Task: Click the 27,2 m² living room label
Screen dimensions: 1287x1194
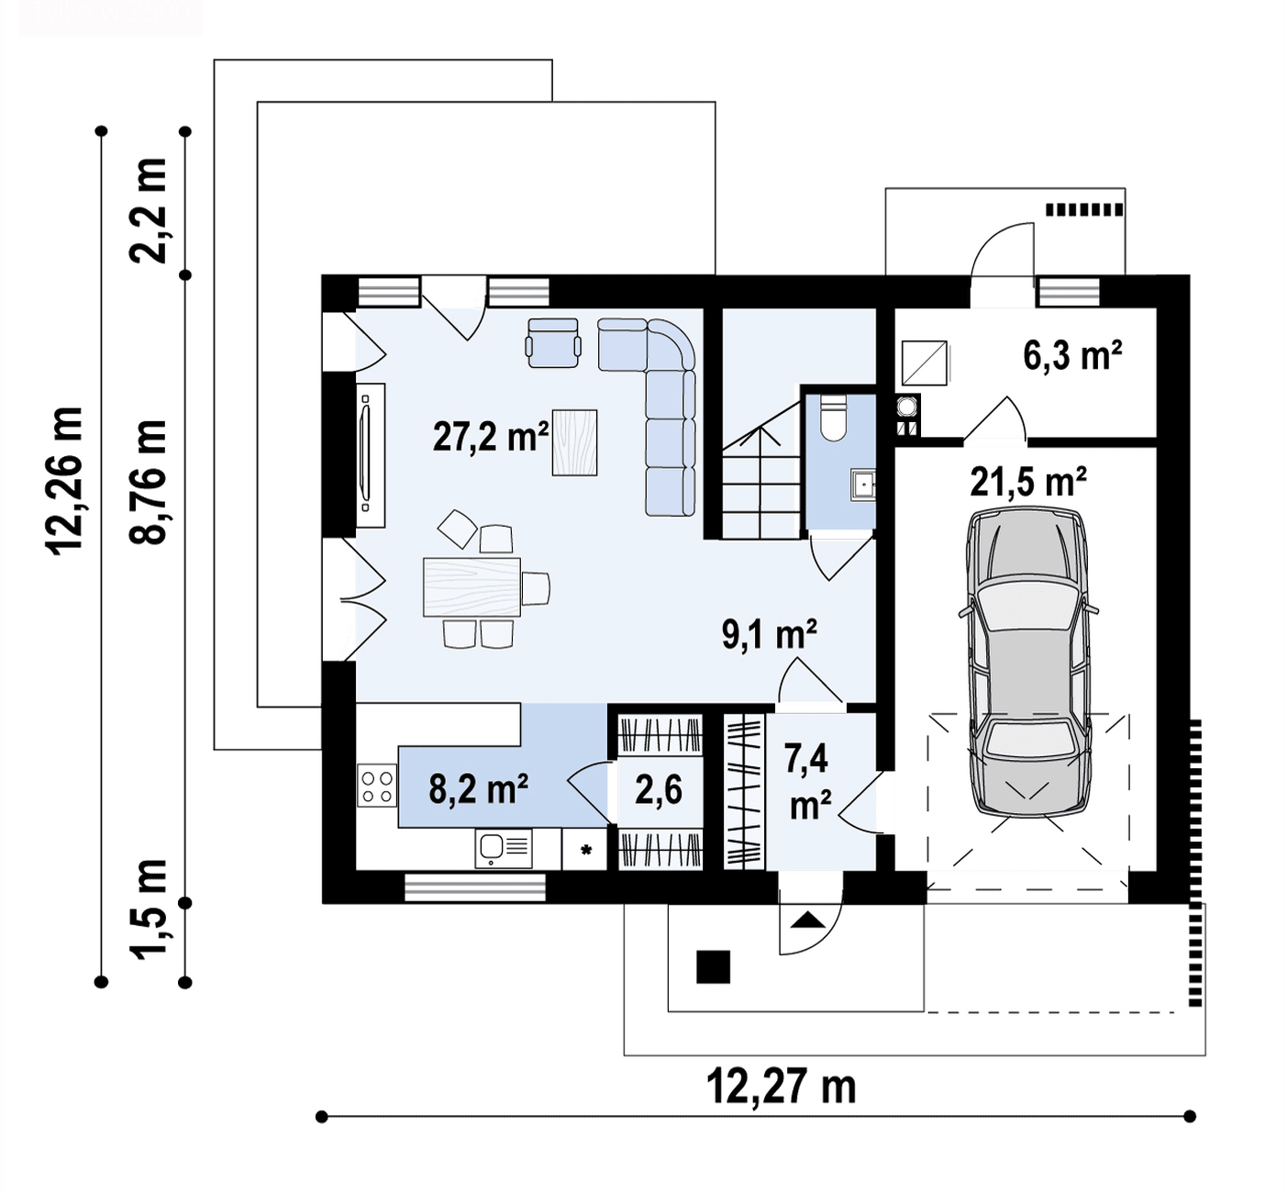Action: click(x=491, y=437)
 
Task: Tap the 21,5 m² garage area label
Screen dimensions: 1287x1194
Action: click(x=1027, y=482)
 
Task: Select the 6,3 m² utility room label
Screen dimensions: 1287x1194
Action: click(x=1072, y=355)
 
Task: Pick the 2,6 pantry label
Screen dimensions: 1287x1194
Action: click(x=659, y=790)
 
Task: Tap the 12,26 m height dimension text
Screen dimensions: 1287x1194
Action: click(x=64, y=481)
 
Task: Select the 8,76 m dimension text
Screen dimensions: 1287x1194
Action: click(x=148, y=483)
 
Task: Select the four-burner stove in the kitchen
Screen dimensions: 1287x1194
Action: click(x=376, y=786)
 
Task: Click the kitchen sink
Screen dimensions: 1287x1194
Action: click(x=505, y=848)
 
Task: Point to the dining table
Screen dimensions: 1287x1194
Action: click(x=472, y=587)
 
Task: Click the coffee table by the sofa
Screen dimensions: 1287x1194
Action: click(x=574, y=442)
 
